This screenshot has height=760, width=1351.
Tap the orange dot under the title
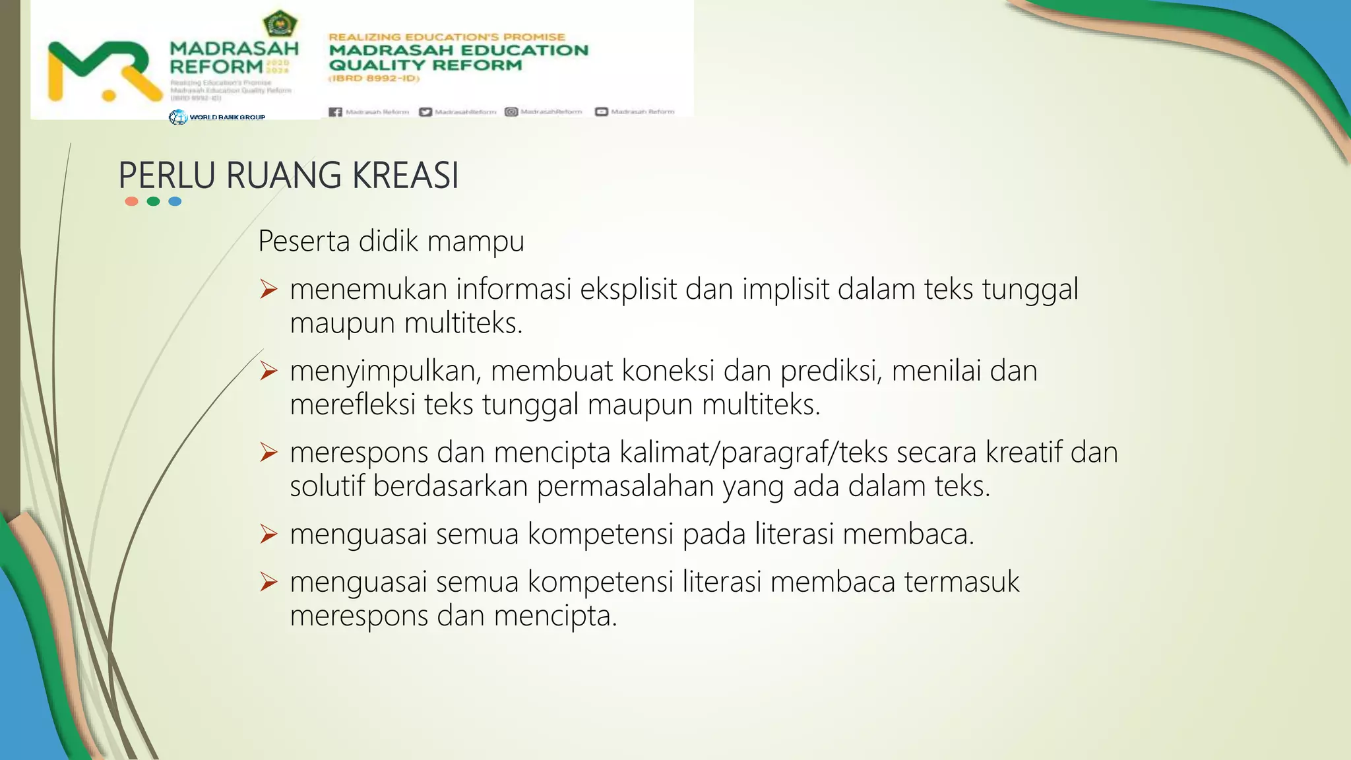tap(131, 201)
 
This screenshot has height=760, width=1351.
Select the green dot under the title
tap(153, 201)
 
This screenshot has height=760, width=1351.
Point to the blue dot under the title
tap(175, 201)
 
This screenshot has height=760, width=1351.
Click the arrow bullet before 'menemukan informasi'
tap(268, 289)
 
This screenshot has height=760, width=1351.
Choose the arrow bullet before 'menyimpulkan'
tap(268, 371)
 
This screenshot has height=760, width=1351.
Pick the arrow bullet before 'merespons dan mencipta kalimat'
tap(268, 452)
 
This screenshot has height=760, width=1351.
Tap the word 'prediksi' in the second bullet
tap(831, 371)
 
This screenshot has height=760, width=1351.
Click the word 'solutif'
tap(327, 486)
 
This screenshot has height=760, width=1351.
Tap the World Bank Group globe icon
tap(177, 117)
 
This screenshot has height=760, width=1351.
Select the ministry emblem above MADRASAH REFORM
tap(280, 24)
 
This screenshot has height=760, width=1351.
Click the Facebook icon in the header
tap(335, 112)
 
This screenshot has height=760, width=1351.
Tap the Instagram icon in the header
tap(511, 112)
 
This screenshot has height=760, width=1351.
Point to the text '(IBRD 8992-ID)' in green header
tap(374, 79)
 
